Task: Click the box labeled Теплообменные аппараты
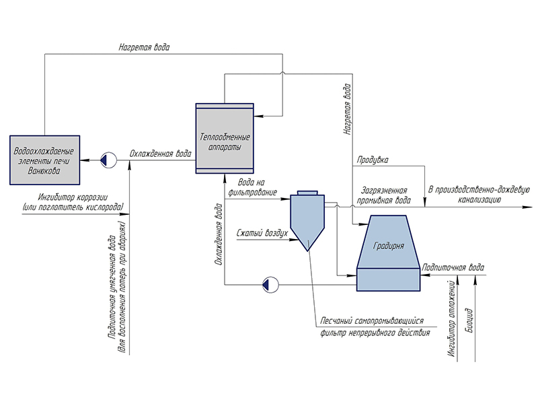click(224, 138)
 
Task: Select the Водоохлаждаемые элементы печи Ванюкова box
click(44, 160)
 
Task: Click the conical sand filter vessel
click(306, 219)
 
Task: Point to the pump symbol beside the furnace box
click(104, 160)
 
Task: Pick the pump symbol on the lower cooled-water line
click(269, 283)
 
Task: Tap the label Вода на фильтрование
click(253, 187)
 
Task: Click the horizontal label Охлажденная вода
click(161, 154)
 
